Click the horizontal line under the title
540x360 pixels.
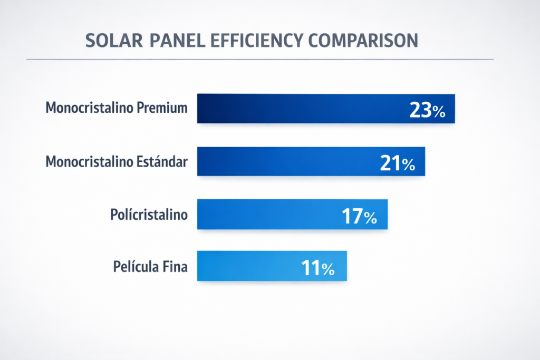(259, 59)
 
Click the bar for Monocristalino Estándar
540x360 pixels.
(285, 161)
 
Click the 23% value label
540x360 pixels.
(427, 111)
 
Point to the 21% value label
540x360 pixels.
(397, 164)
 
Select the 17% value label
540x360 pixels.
(359, 217)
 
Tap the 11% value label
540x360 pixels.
(317, 269)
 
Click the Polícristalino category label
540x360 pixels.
(149, 215)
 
